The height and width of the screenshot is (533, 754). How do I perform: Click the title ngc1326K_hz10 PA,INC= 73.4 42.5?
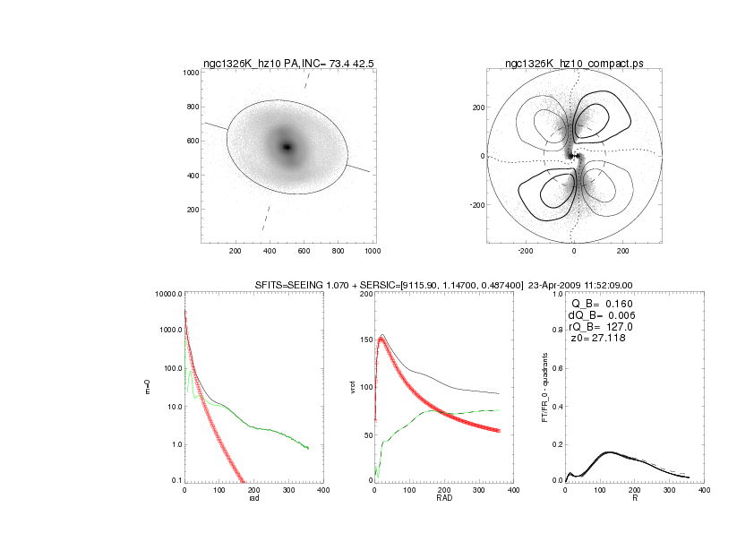click(287, 64)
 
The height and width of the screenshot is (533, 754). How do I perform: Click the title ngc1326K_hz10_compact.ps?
click(574, 64)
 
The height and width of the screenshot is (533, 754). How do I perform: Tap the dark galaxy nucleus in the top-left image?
click(287, 147)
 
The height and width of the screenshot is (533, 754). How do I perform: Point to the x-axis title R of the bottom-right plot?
click(634, 498)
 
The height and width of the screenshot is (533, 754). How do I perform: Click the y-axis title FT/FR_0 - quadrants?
click(544, 387)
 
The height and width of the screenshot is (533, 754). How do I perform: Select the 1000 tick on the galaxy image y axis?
click(191, 73)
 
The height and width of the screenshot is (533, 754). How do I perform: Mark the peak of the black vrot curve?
click(383, 335)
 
